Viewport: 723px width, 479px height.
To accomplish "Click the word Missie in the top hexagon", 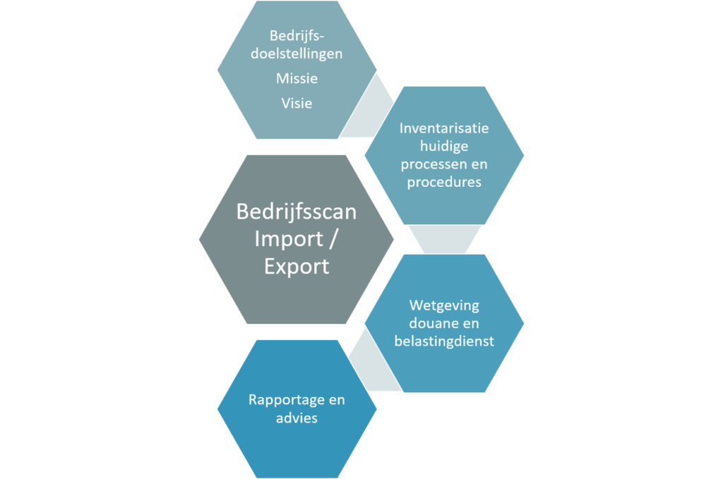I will pyautogui.click(x=297, y=79).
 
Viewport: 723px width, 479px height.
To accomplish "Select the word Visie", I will pyautogui.click(x=297, y=103).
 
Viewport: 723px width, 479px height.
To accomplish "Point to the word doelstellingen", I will pyautogui.click(x=297, y=54).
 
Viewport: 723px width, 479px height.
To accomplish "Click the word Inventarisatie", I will pyautogui.click(x=444, y=128).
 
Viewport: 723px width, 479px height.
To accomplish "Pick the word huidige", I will pyautogui.click(x=444, y=146).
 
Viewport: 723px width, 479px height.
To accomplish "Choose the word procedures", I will pyautogui.click(x=444, y=182).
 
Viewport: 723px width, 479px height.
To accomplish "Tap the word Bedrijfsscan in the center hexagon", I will pyautogui.click(x=297, y=212).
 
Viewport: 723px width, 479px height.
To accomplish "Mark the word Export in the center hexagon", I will pyautogui.click(x=297, y=266).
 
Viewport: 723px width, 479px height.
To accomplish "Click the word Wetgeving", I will pyautogui.click(x=444, y=305).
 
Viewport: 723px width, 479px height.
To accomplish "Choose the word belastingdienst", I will pyautogui.click(x=444, y=341).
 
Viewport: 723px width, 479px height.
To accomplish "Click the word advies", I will pyautogui.click(x=297, y=418).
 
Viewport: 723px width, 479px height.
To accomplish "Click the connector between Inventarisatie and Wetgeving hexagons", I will pyautogui.click(x=444, y=239).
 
